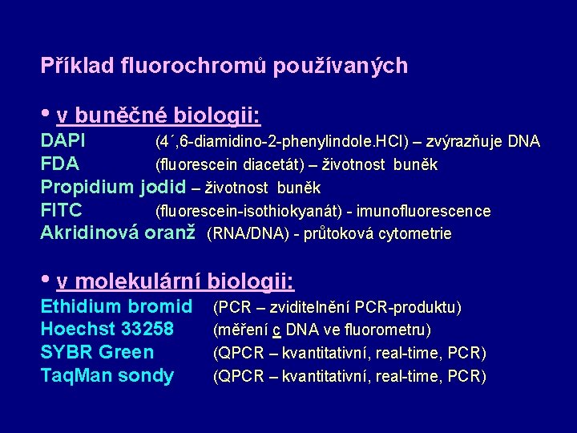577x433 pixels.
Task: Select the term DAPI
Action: pos(63,142)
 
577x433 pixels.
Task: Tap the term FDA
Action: pos(60,165)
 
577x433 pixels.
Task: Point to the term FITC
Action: pos(62,211)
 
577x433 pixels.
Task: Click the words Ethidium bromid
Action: pos(116,306)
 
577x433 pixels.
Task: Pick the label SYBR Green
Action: pos(97,353)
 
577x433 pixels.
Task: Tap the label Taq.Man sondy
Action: pos(107,376)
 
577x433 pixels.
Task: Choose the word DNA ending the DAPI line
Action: pos(524,143)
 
